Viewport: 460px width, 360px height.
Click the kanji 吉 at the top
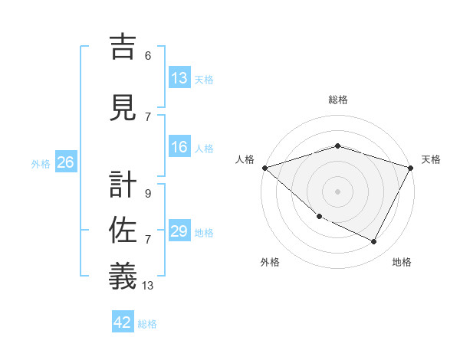coord(123,47)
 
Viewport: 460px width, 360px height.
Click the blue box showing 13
coord(179,78)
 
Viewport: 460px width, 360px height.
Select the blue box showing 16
coord(179,148)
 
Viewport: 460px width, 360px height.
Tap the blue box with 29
coord(179,232)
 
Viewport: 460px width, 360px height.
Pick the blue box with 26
coord(65,162)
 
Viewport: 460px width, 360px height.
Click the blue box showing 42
coord(123,322)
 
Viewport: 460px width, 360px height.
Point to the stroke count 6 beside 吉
coord(148,55)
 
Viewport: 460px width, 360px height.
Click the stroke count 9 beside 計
coord(148,193)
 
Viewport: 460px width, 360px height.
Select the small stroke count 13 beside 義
coord(148,286)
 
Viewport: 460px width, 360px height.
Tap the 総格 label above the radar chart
coord(337,100)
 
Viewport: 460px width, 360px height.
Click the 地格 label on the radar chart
coord(402,262)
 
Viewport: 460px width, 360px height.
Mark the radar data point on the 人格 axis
coord(264,167)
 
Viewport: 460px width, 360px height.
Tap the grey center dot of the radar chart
coord(337,191)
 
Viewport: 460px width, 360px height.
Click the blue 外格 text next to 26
coord(41,163)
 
